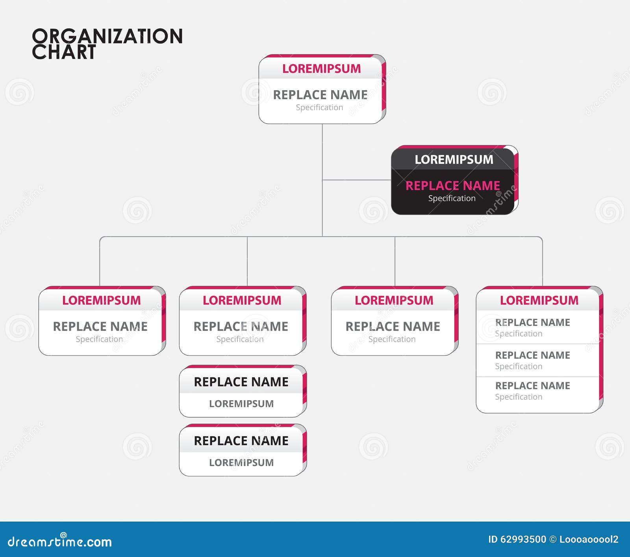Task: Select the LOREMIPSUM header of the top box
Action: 321,68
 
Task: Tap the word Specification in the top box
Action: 319,107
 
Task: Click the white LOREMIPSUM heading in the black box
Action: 454,159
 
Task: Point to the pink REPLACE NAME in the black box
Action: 452,185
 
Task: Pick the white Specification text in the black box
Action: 452,198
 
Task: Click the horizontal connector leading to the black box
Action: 356,180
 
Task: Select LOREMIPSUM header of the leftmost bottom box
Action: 101,300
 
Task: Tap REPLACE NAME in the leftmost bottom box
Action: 100,326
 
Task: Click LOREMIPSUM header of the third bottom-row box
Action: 394,300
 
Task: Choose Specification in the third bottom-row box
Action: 392,339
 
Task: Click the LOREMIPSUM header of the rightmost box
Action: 539,300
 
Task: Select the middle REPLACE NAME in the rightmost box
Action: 532,355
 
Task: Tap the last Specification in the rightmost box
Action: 519,397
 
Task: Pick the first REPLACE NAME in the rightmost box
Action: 532,322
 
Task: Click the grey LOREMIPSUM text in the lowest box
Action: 241,463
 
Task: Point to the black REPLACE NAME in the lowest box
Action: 241,441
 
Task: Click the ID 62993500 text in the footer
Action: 517,539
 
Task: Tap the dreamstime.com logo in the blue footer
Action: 60,542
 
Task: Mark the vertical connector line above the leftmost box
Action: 100,262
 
